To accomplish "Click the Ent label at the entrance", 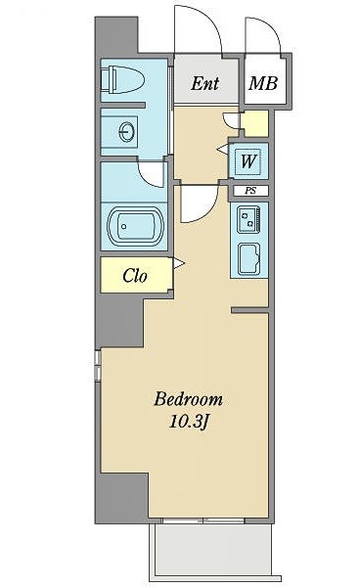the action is (x=204, y=83).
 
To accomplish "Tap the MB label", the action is (x=263, y=83).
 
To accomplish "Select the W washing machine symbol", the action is (x=248, y=161).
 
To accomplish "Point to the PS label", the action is (x=250, y=191).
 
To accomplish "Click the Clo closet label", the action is (x=135, y=276).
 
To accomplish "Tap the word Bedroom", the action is (x=188, y=399).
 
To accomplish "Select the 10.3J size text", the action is (x=188, y=423).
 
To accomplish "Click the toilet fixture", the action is (x=122, y=80).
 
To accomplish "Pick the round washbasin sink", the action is (x=126, y=132).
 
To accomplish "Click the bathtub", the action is (x=135, y=227).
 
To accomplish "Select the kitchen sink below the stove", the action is (x=249, y=258).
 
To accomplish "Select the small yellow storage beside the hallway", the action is (x=254, y=123).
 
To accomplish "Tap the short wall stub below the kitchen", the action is (x=249, y=310).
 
